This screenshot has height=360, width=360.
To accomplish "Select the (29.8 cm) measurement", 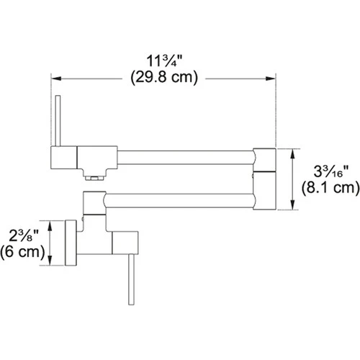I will pos(164,78).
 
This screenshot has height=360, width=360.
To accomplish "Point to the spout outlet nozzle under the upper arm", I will pos(94,175).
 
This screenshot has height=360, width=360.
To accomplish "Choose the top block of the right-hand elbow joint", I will pos(264,159).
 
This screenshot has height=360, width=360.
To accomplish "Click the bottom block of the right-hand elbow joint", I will pos(264,193).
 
